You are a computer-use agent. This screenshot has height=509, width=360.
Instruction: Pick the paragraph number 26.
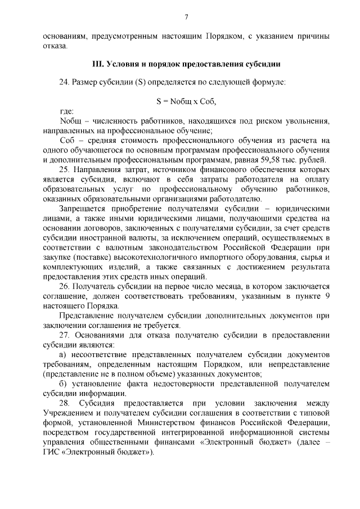pyautogui.click(x=64, y=286)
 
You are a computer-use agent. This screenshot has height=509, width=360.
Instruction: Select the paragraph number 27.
pyautogui.click(x=64, y=335)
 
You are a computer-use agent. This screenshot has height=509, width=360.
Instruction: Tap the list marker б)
pyautogui.click(x=63, y=384)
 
